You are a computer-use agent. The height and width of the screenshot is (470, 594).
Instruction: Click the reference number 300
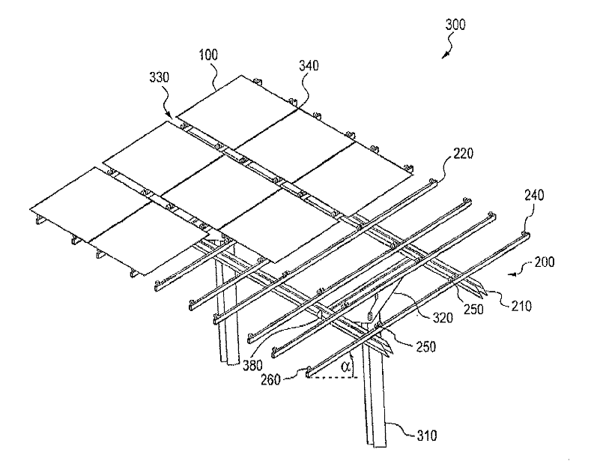point(455,25)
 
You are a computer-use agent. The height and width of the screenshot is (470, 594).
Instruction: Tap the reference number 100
point(208,55)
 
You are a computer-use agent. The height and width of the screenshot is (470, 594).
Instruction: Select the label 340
point(309,65)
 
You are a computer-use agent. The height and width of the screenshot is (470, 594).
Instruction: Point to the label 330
point(159,77)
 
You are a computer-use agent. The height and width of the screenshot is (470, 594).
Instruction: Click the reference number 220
point(463,154)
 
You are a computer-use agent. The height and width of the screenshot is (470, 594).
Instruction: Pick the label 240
point(534,195)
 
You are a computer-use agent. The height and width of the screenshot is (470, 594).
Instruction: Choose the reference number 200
point(544,262)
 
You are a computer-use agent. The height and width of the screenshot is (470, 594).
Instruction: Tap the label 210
point(521,306)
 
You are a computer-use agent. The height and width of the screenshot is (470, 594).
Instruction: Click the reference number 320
point(443,317)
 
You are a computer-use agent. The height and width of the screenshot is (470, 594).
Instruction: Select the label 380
point(252,365)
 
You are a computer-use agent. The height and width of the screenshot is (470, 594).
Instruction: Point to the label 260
point(270,379)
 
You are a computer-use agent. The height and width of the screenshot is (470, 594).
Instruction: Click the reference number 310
point(427,436)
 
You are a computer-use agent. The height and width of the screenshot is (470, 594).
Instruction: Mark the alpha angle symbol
point(345,367)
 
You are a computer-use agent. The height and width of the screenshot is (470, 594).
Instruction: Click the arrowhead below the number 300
point(445,55)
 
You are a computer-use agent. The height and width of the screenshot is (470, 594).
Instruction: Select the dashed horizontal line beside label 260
point(333,378)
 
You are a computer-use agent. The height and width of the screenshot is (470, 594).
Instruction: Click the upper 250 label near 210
point(473,310)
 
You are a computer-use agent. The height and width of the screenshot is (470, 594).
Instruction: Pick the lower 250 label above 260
point(425,346)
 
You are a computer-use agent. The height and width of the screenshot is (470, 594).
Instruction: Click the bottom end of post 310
point(377,446)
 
